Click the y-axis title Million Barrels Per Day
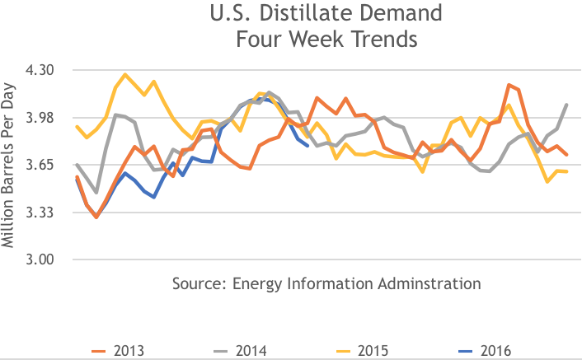[x=10, y=166]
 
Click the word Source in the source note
[x=197, y=283]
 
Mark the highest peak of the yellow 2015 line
[x=125, y=75]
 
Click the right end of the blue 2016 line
[x=307, y=146]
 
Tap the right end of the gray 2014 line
[x=567, y=105]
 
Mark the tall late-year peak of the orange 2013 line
[x=509, y=85]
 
